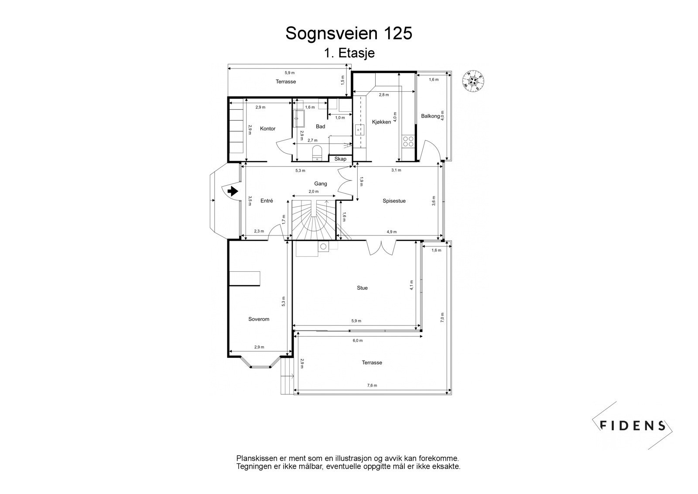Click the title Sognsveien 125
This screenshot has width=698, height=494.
[x=349, y=33]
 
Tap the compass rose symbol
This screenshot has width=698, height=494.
[x=473, y=82]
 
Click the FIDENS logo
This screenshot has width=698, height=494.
[x=632, y=425]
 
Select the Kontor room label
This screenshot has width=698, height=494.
[x=268, y=128]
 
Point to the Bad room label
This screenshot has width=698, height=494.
[x=320, y=126]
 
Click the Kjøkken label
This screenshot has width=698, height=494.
[x=381, y=122]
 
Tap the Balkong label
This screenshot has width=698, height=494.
[x=430, y=116]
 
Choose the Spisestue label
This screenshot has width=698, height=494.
[x=394, y=201]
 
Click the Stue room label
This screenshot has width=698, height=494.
[x=362, y=288]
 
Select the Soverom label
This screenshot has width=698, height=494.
[x=259, y=319]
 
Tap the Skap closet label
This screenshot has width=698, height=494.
[x=340, y=159]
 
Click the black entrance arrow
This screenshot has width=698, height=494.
[x=233, y=191]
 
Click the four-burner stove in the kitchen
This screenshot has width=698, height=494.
[x=408, y=141]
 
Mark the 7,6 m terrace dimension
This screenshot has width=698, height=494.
[x=372, y=385]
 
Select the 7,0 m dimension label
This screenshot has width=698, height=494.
[x=442, y=318]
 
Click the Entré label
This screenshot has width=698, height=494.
[x=267, y=201]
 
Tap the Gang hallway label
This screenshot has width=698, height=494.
[x=320, y=183]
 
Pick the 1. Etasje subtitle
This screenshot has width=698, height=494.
[x=349, y=53]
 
